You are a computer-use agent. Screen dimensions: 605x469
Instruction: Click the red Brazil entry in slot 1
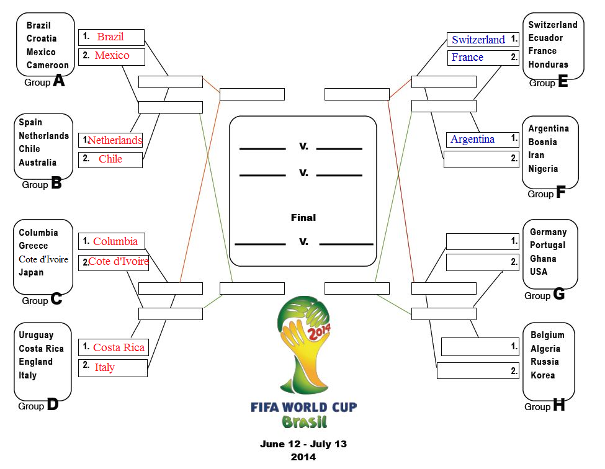(x=110, y=37)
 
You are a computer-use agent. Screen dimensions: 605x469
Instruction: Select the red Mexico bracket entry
(x=112, y=55)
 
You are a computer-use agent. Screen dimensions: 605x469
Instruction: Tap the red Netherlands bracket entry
(x=115, y=140)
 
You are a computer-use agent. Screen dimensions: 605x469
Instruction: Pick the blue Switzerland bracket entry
(x=478, y=39)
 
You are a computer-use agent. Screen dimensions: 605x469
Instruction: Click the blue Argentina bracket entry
(x=472, y=139)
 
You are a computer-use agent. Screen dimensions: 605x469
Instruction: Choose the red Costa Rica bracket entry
(x=119, y=347)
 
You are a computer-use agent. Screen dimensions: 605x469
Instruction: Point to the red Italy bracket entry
(x=105, y=367)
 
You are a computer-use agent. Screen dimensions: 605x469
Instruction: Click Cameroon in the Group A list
(x=47, y=65)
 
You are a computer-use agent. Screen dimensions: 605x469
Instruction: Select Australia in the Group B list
(x=37, y=163)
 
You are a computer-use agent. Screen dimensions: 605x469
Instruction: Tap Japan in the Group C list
(x=31, y=272)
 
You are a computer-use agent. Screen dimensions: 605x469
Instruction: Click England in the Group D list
(x=35, y=362)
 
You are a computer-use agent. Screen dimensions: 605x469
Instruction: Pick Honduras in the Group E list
(x=548, y=65)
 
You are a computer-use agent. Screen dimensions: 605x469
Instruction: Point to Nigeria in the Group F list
(x=543, y=169)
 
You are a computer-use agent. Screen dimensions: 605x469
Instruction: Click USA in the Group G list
(x=538, y=272)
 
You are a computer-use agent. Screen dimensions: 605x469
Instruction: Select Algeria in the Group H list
(x=545, y=349)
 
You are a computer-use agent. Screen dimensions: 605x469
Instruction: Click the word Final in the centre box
(x=303, y=218)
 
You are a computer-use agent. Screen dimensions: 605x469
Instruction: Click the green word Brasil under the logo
(x=305, y=422)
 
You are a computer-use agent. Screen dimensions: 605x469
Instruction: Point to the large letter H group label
(x=558, y=404)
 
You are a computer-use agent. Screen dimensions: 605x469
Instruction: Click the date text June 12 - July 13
(x=303, y=444)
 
